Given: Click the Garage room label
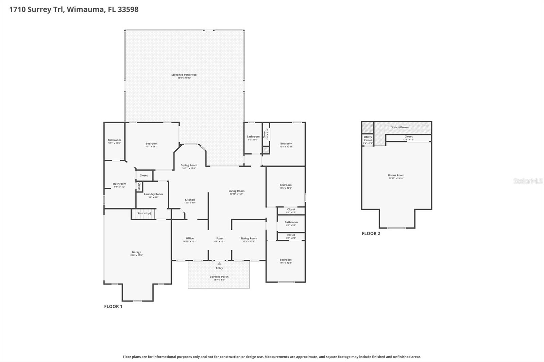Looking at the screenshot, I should tap(136, 252).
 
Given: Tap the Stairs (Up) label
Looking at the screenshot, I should tap(144, 213).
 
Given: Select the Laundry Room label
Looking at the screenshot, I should tap(153, 194).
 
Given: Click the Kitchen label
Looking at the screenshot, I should tap(190, 200).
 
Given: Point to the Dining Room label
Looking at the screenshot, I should tap(189, 165).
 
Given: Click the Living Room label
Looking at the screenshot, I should tap(236, 191).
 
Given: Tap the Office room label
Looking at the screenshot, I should tap(190, 238).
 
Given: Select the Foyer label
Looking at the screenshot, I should tap(220, 238).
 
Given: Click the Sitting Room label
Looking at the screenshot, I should tap(249, 238).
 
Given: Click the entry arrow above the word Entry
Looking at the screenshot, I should tap(220, 263).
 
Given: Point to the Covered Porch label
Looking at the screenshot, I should tap(219, 277).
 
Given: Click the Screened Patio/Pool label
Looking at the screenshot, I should tap(184, 75).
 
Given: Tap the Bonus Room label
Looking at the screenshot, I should tap(396, 176).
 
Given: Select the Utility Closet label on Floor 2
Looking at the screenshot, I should tap(368, 139).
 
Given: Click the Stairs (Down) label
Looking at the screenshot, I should tap(400, 127).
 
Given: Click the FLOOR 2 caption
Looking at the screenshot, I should tap(371, 233).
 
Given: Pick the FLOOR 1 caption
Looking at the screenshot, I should tap(113, 306).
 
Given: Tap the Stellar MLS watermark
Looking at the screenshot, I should tap(528, 181).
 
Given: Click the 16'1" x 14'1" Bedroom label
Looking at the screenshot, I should tap(151, 144).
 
